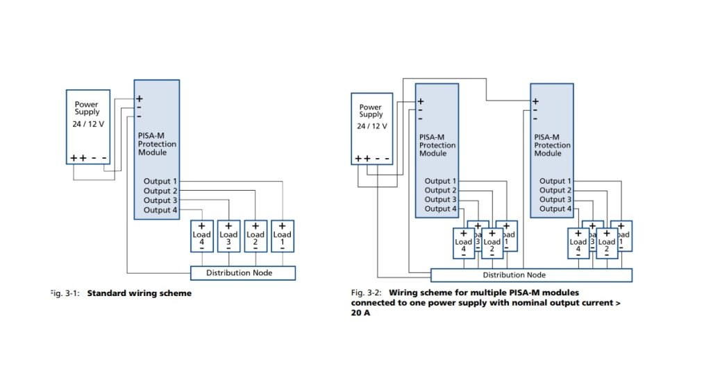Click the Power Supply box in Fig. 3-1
[87, 127]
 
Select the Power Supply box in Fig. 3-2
[371, 129]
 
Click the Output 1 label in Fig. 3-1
[161, 181]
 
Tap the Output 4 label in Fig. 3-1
[161, 210]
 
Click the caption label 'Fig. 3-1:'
[65, 293]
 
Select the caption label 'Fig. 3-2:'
[367, 293]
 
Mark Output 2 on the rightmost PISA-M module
[556, 190]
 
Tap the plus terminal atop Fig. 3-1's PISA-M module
[140, 98]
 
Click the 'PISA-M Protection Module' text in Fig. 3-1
[157, 144]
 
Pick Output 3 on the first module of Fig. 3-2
[441, 200]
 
